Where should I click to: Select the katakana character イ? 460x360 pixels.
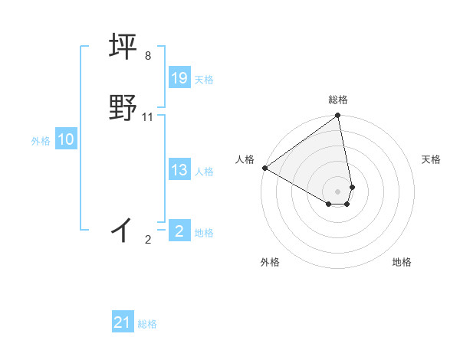pyautogui.click(x=123, y=228)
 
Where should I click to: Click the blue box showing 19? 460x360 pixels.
pyautogui.click(x=179, y=78)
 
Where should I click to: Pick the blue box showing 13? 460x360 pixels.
pyautogui.click(x=179, y=170)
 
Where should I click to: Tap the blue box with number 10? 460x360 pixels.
pyautogui.click(x=66, y=139)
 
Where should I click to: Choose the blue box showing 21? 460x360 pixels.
pyautogui.click(x=123, y=323)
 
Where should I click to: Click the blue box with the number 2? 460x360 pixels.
pyautogui.click(x=179, y=231)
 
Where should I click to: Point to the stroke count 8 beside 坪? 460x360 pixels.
pyautogui.click(x=148, y=56)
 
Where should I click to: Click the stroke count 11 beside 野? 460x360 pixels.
pyautogui.click(x=148, y=117)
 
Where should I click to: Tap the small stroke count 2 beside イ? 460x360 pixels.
pyautogui.click(x=148, y=240)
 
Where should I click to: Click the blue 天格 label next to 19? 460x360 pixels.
pyautogui.click(x=204, y=79)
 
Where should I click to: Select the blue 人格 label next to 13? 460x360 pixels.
pyautogui.click(x=204, y=171)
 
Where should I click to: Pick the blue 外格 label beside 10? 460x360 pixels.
pyautogui.click(x=41, y=140)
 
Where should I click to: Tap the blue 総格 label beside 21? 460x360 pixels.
pyautogui.click(x=147, y=324)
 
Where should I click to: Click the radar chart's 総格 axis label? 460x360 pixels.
pyautogui.click(x=338, y=100)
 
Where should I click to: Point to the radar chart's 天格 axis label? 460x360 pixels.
pyautogui.click(x=431, y=159)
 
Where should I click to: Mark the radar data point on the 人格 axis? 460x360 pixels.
pyautogui.click(x=264, y=168)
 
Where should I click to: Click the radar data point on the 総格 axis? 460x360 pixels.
pyautogui.click(x=338, y=116)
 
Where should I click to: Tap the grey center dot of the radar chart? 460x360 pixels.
pyautogui.click(x=338, y=191)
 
